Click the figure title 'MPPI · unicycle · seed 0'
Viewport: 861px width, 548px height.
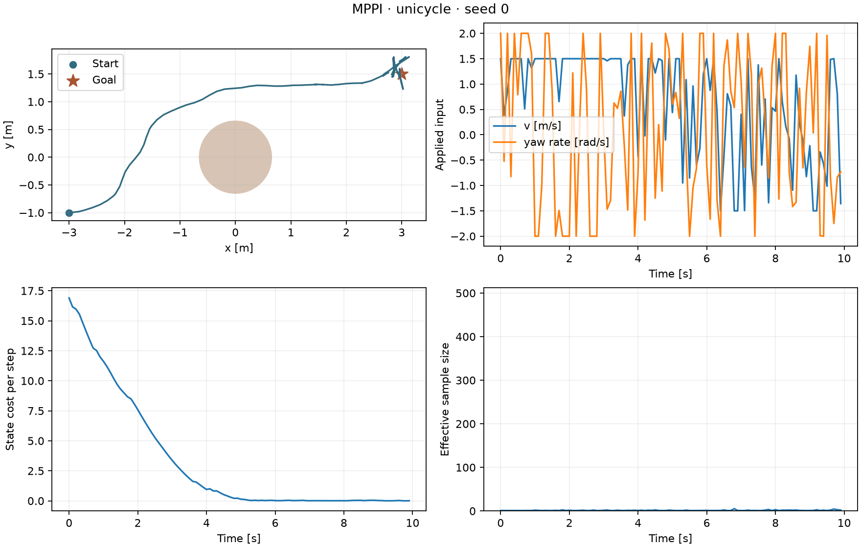click(x=430, y=9)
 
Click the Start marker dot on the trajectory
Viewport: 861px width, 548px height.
click(x=69, y=213)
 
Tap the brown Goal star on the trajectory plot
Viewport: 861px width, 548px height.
click(x=402, y=74)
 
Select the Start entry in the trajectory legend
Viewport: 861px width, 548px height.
click(x=95, y=64)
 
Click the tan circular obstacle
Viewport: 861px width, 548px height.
click(x=235, y=157)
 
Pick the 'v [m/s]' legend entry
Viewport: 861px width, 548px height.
click(x=527, y=126)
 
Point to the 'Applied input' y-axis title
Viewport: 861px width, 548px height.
click(x=440, y=135)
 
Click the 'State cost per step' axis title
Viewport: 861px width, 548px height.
click(x=10, y=399)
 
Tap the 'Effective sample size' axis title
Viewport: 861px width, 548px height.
click(x=445, y=399)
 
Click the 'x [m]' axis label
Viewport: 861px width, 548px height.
click(x=239, y=248)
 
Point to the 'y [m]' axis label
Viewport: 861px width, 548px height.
click(x=8, y=135)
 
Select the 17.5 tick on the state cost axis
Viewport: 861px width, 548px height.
click(x=32, y=291)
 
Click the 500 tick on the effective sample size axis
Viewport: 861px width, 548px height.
click(x=466, y=293)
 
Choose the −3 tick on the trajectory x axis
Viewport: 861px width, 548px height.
click(x=69, y=233)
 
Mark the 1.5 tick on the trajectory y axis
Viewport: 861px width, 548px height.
click(x=36, y=74)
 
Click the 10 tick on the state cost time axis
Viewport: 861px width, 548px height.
click(x=412, y=523)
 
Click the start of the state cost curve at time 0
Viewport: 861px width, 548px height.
click(x=69, y=297)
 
